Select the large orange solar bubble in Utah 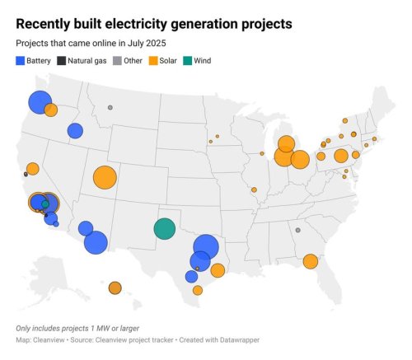point(105,177)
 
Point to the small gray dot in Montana point(110,108)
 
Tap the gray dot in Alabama point(297,231)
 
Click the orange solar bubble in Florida point(311,261)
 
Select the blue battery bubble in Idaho point(75,131)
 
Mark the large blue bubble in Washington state point(40,102)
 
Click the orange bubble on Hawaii point(115,288)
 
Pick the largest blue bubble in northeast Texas point(206,245)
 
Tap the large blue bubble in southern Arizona point(96,242)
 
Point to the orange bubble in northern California point(32,169)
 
